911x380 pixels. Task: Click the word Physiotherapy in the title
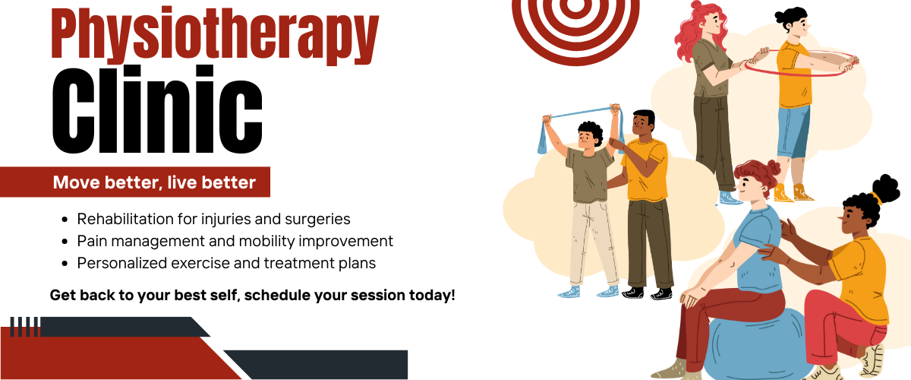(215, 36)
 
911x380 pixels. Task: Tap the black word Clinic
(157, 109)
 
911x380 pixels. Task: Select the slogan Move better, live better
(154, 182)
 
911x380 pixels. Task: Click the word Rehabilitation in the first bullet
(126, 219)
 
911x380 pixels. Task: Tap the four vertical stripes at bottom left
(24, 327)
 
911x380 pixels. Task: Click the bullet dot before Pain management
(65, 242)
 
